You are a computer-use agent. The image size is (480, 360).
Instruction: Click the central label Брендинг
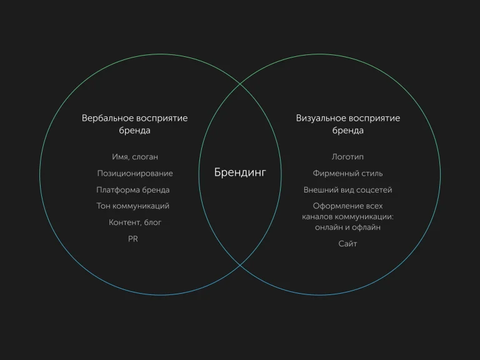240,172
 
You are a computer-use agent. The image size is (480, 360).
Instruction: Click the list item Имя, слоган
135,157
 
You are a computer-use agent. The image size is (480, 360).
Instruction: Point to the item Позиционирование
135,174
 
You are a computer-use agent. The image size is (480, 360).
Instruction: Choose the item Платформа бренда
133,190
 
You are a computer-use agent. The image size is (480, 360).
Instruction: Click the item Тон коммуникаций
133,206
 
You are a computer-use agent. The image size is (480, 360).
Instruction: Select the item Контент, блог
135,222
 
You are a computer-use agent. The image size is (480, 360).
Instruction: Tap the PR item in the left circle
133,239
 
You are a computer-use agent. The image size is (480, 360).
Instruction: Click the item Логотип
347,157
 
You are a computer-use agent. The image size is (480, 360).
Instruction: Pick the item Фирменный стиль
347,174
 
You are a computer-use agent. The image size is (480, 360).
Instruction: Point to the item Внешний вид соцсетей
347,190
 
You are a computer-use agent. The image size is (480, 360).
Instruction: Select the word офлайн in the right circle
366,227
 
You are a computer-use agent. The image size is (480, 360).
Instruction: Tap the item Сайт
347,244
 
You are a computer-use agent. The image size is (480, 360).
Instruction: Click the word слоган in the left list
145,157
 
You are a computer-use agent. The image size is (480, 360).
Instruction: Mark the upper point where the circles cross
240,84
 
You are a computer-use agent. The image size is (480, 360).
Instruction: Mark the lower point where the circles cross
240,266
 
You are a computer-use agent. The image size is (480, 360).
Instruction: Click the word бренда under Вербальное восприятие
135,131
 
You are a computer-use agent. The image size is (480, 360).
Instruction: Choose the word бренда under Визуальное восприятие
347,131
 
